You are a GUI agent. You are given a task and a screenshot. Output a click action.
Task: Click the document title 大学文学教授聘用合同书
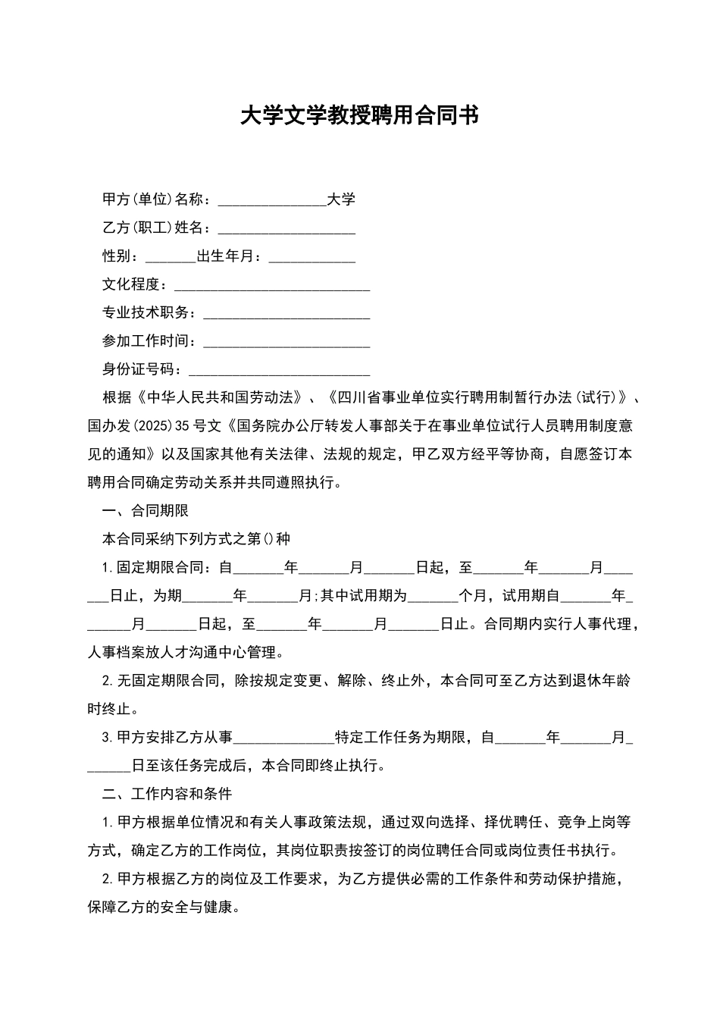(x=359, y=115)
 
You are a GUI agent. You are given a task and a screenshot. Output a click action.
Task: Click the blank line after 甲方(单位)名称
(x=272, y=200)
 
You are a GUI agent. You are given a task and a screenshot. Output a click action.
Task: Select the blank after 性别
(x=171, y=257)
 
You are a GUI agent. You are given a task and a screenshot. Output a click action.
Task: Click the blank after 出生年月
(x=312, y=257)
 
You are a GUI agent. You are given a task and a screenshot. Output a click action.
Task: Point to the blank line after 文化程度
(x=272, y=285)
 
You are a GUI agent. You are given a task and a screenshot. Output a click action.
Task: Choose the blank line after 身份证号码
(x=279, y=370)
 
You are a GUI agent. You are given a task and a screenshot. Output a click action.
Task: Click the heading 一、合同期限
(x=146, y=511)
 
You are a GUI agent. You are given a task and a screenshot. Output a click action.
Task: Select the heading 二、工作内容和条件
(x=167, y=794)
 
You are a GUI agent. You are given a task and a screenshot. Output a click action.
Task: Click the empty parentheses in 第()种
(x=268, y=539)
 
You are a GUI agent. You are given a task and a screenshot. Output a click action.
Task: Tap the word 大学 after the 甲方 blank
(x=341, y=199)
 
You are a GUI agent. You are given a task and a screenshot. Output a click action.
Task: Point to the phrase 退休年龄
(x=603, y=681)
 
